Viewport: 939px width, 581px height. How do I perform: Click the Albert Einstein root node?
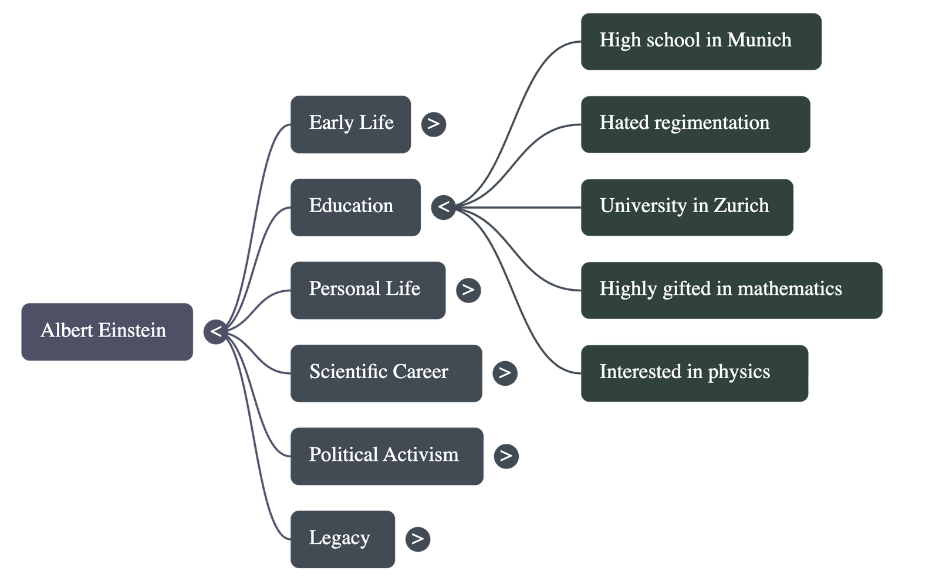(x=107, y=332)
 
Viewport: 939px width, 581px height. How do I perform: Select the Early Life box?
(x=350, y=124)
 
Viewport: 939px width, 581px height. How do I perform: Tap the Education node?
(x=355, y=207)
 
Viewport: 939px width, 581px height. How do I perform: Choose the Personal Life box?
(x=367, y=290)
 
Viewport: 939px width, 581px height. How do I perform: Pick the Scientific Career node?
(x=386, y=373)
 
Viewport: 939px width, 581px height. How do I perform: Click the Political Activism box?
(x=387, y=456)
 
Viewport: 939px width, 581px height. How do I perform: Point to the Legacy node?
(x=343, y=539)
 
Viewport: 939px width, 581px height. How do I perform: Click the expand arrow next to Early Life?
(x=433, y=124)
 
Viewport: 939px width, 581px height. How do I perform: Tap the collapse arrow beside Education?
(x=443, y=207)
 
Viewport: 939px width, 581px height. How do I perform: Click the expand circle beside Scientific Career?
(x=505, y=373)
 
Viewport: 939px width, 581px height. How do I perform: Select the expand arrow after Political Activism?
(x=506, y=456)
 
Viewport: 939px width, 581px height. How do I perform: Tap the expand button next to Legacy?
(x=417, y=539)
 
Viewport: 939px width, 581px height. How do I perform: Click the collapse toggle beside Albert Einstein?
(x=216, y=332)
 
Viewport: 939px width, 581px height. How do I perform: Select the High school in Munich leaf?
(x=701, y=42)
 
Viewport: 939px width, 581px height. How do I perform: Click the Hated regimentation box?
(x=695, y=124)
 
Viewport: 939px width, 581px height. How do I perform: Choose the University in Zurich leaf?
(x=687, y=207)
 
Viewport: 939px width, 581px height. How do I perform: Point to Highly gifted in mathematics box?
(x=731, y=290)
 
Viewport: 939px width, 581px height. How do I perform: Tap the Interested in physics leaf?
(x=694, y=373)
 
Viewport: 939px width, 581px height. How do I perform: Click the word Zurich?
(x=741, y=206)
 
